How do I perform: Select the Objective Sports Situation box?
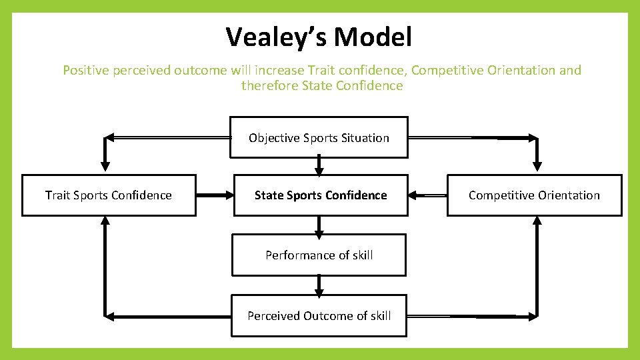point(319,138)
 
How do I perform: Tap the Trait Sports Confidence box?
point(109,195)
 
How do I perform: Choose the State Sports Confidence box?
point(320,195)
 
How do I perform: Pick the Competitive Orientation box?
point(534,195)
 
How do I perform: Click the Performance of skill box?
point(319,255)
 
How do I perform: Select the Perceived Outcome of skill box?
point(319,316)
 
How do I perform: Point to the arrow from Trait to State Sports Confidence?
point(215,195)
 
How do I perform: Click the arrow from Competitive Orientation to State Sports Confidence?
point(427,195)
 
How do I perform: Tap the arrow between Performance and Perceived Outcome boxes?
point(319,285)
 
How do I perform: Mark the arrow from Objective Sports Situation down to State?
point(319,165)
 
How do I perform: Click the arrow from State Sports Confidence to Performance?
point(319,225)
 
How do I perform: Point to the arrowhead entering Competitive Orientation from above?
point(537,165)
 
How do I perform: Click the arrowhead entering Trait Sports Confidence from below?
point(105,223)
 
